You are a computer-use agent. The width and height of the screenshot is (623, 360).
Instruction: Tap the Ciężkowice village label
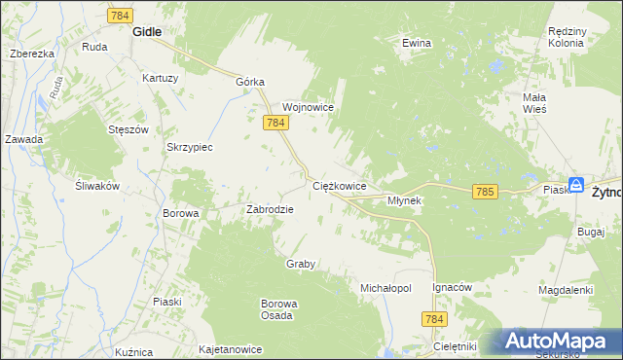[339, 185]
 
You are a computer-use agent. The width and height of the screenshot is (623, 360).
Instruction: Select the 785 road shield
[486, 193]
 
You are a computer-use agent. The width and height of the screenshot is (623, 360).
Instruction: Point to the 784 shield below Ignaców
[434, 319]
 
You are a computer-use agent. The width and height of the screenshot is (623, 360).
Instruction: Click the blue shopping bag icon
[576, 184]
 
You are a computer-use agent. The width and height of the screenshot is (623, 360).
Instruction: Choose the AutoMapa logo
[559, 342]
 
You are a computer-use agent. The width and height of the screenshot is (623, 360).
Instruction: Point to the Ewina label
[417, 43]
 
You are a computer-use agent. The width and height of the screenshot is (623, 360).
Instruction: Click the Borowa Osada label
[278, 309]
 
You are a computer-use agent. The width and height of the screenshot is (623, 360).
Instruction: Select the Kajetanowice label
[231, 347]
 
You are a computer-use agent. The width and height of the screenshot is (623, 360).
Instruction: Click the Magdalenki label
[566, 290]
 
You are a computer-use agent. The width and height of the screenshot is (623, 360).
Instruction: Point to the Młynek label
[404, 200]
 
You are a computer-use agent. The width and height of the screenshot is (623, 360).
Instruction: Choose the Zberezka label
[31, 54]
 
